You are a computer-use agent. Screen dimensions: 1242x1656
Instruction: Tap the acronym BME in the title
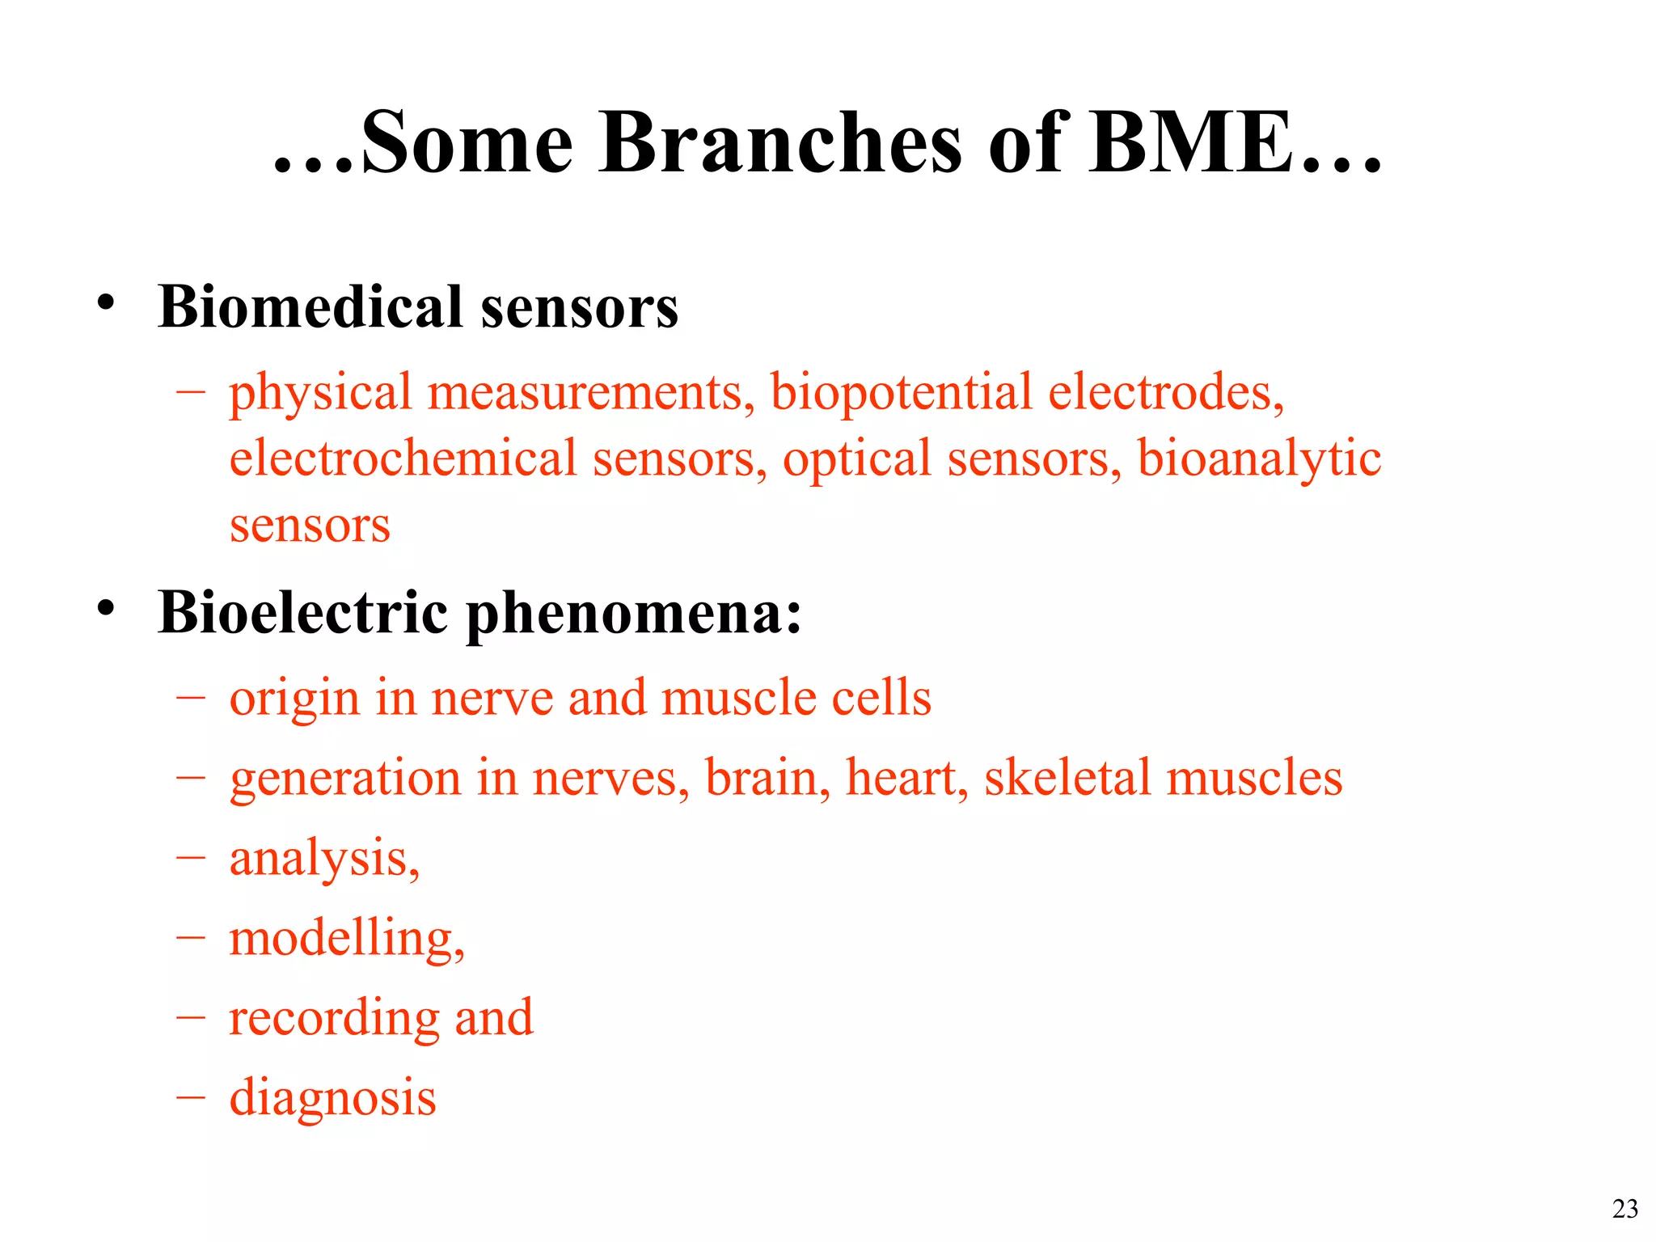pyautogui.click(x=1190, y=143)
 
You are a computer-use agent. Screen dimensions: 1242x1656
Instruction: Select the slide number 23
pyautogui.click(x=1624, y=1209)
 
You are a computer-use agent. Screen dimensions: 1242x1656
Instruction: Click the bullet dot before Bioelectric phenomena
pyautogui.click(x=106, y=608)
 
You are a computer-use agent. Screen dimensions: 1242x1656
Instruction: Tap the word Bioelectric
pyautogui.click(x=302, y=612)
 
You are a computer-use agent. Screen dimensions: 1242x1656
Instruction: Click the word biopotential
pyautogui.click(x=901, y=393)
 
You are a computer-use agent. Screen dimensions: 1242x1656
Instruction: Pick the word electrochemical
pyautogui.click(x=403, y=458)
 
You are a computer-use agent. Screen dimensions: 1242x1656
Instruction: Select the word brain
pyautogui.click(x=767, y=778)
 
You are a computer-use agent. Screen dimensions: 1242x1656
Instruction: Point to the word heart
pyautogui.click(x=906, y=778)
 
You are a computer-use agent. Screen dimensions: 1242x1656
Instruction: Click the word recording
pyautogui.click(x=333, y=1019)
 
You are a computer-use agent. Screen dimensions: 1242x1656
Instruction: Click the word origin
pyautogui.click(x=294, y=699)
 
